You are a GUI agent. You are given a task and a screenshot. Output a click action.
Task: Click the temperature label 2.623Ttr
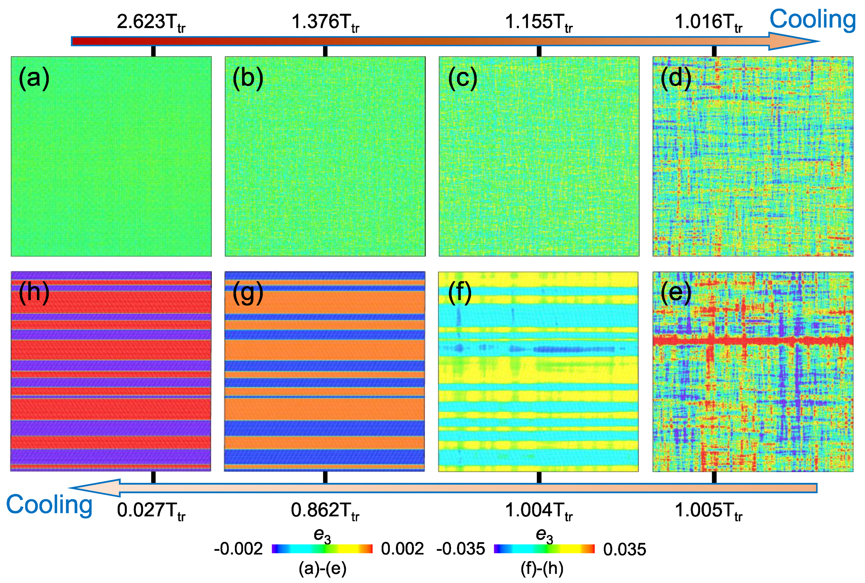pos(151,22)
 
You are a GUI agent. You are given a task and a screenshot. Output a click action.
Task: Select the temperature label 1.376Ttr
pos(325,22)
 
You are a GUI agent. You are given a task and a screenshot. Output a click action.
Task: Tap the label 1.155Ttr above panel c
pos(538,22)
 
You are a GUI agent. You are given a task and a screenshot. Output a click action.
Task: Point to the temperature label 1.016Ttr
pos(708,22)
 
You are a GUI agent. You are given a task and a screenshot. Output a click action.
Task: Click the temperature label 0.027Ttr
pos(151,511)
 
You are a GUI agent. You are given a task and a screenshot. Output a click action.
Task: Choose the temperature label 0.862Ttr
pos(325,511)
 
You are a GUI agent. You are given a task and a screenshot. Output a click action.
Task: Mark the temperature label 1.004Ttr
pos(538,511)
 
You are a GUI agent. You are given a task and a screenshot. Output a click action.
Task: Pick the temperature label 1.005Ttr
pos(708,511)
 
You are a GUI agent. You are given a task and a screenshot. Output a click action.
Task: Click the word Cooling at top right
pos(812,19)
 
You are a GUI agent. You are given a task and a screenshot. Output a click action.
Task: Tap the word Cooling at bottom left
pos(49,505)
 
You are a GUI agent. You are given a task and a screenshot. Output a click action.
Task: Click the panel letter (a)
pos(34,78)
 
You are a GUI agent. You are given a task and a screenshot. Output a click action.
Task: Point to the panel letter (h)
pos(34,293)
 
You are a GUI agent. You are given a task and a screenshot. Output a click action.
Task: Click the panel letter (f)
pos(460,293)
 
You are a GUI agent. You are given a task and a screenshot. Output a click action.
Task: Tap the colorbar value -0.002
pos(238,549)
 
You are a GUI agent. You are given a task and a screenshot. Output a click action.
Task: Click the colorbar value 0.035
pos(624,550)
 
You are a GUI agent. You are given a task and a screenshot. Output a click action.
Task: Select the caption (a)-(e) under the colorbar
pos(322,568)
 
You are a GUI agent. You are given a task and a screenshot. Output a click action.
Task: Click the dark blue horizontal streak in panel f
pos(573,349)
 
